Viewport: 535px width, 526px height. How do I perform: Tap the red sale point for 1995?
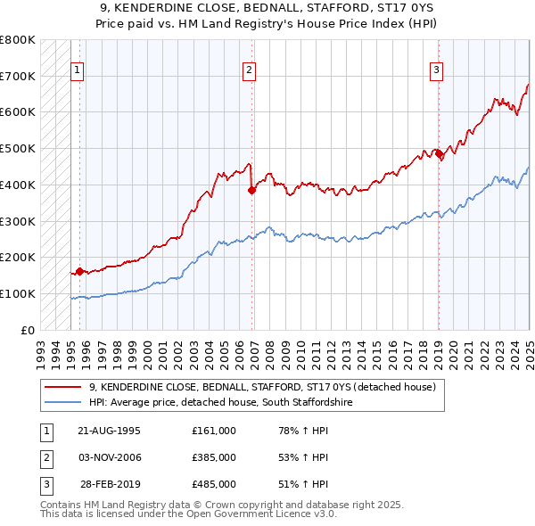click(x=79, y=271)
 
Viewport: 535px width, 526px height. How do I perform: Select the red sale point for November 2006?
click(x=251, y=189)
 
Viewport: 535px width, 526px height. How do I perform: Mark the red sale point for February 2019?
click(x=439, y=153)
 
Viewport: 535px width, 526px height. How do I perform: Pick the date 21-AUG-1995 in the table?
click(x=109, y=431)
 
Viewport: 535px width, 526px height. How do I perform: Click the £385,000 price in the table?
click(x=213, y=457)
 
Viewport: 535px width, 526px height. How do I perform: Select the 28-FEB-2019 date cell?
click(x=111, y=484)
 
